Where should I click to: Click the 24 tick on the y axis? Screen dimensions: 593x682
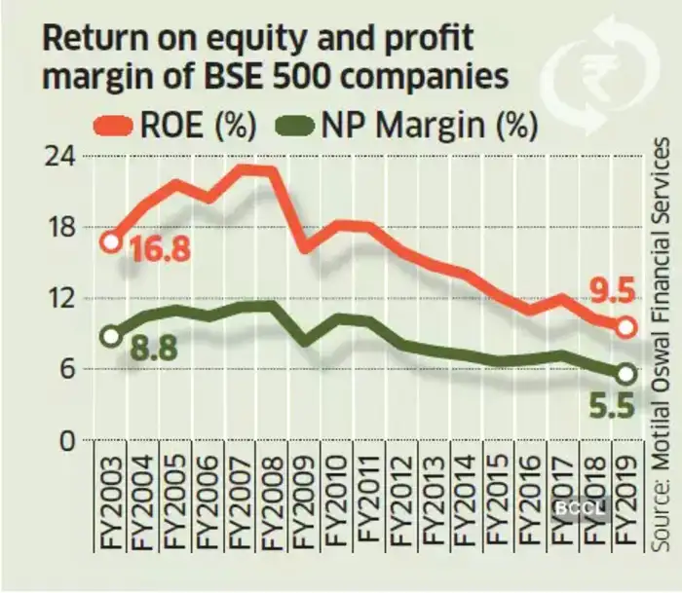coord(64,156)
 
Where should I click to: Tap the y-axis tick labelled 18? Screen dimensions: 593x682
coord(64,228)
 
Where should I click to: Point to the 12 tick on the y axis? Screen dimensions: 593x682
coord(64,299)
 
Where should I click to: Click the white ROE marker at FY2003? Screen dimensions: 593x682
coord(111,241)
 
